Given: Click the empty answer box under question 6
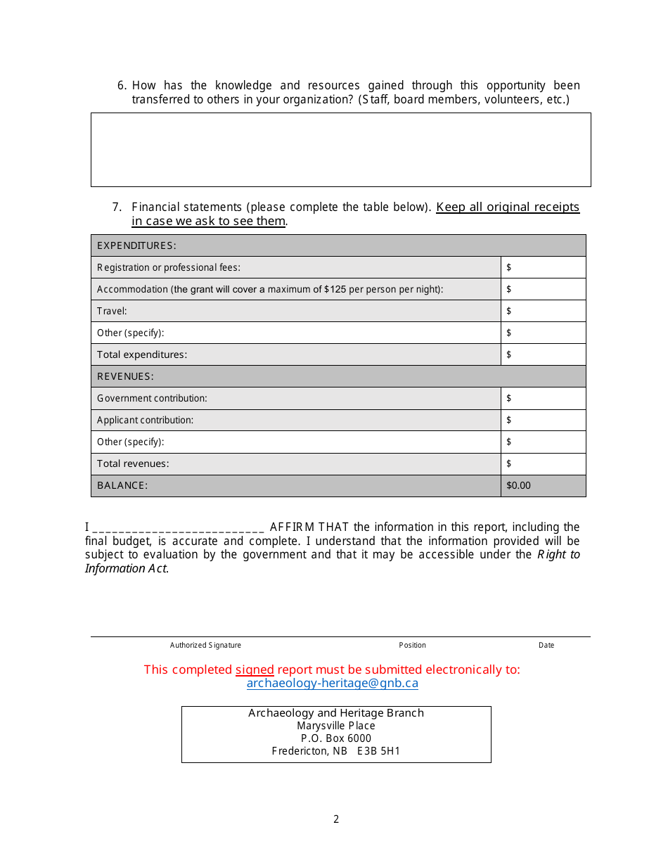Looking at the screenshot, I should (340, 150).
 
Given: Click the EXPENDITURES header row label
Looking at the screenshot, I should (136, 245).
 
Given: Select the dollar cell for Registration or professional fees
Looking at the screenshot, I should (543, 267).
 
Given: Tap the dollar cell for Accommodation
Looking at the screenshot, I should (543, 289).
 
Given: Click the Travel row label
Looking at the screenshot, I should (112, 311).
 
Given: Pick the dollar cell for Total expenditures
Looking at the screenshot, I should (543, 354).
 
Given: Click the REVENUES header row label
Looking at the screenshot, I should (125, 376).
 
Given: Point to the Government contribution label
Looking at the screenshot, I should (152, 398).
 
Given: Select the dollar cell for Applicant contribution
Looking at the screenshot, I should (543, 420).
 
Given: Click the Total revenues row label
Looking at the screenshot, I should (133, 463).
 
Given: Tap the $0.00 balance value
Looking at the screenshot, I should (519, 485).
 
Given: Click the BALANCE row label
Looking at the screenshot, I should (122, 485).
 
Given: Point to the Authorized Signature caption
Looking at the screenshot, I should (205, 645).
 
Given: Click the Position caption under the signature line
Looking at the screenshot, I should (412, 645).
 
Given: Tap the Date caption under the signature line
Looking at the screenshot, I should (546, 645).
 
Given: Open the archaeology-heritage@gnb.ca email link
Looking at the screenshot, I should (332, 683).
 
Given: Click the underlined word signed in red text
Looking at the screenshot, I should (255, 669).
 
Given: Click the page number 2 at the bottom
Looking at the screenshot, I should (336, 819).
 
